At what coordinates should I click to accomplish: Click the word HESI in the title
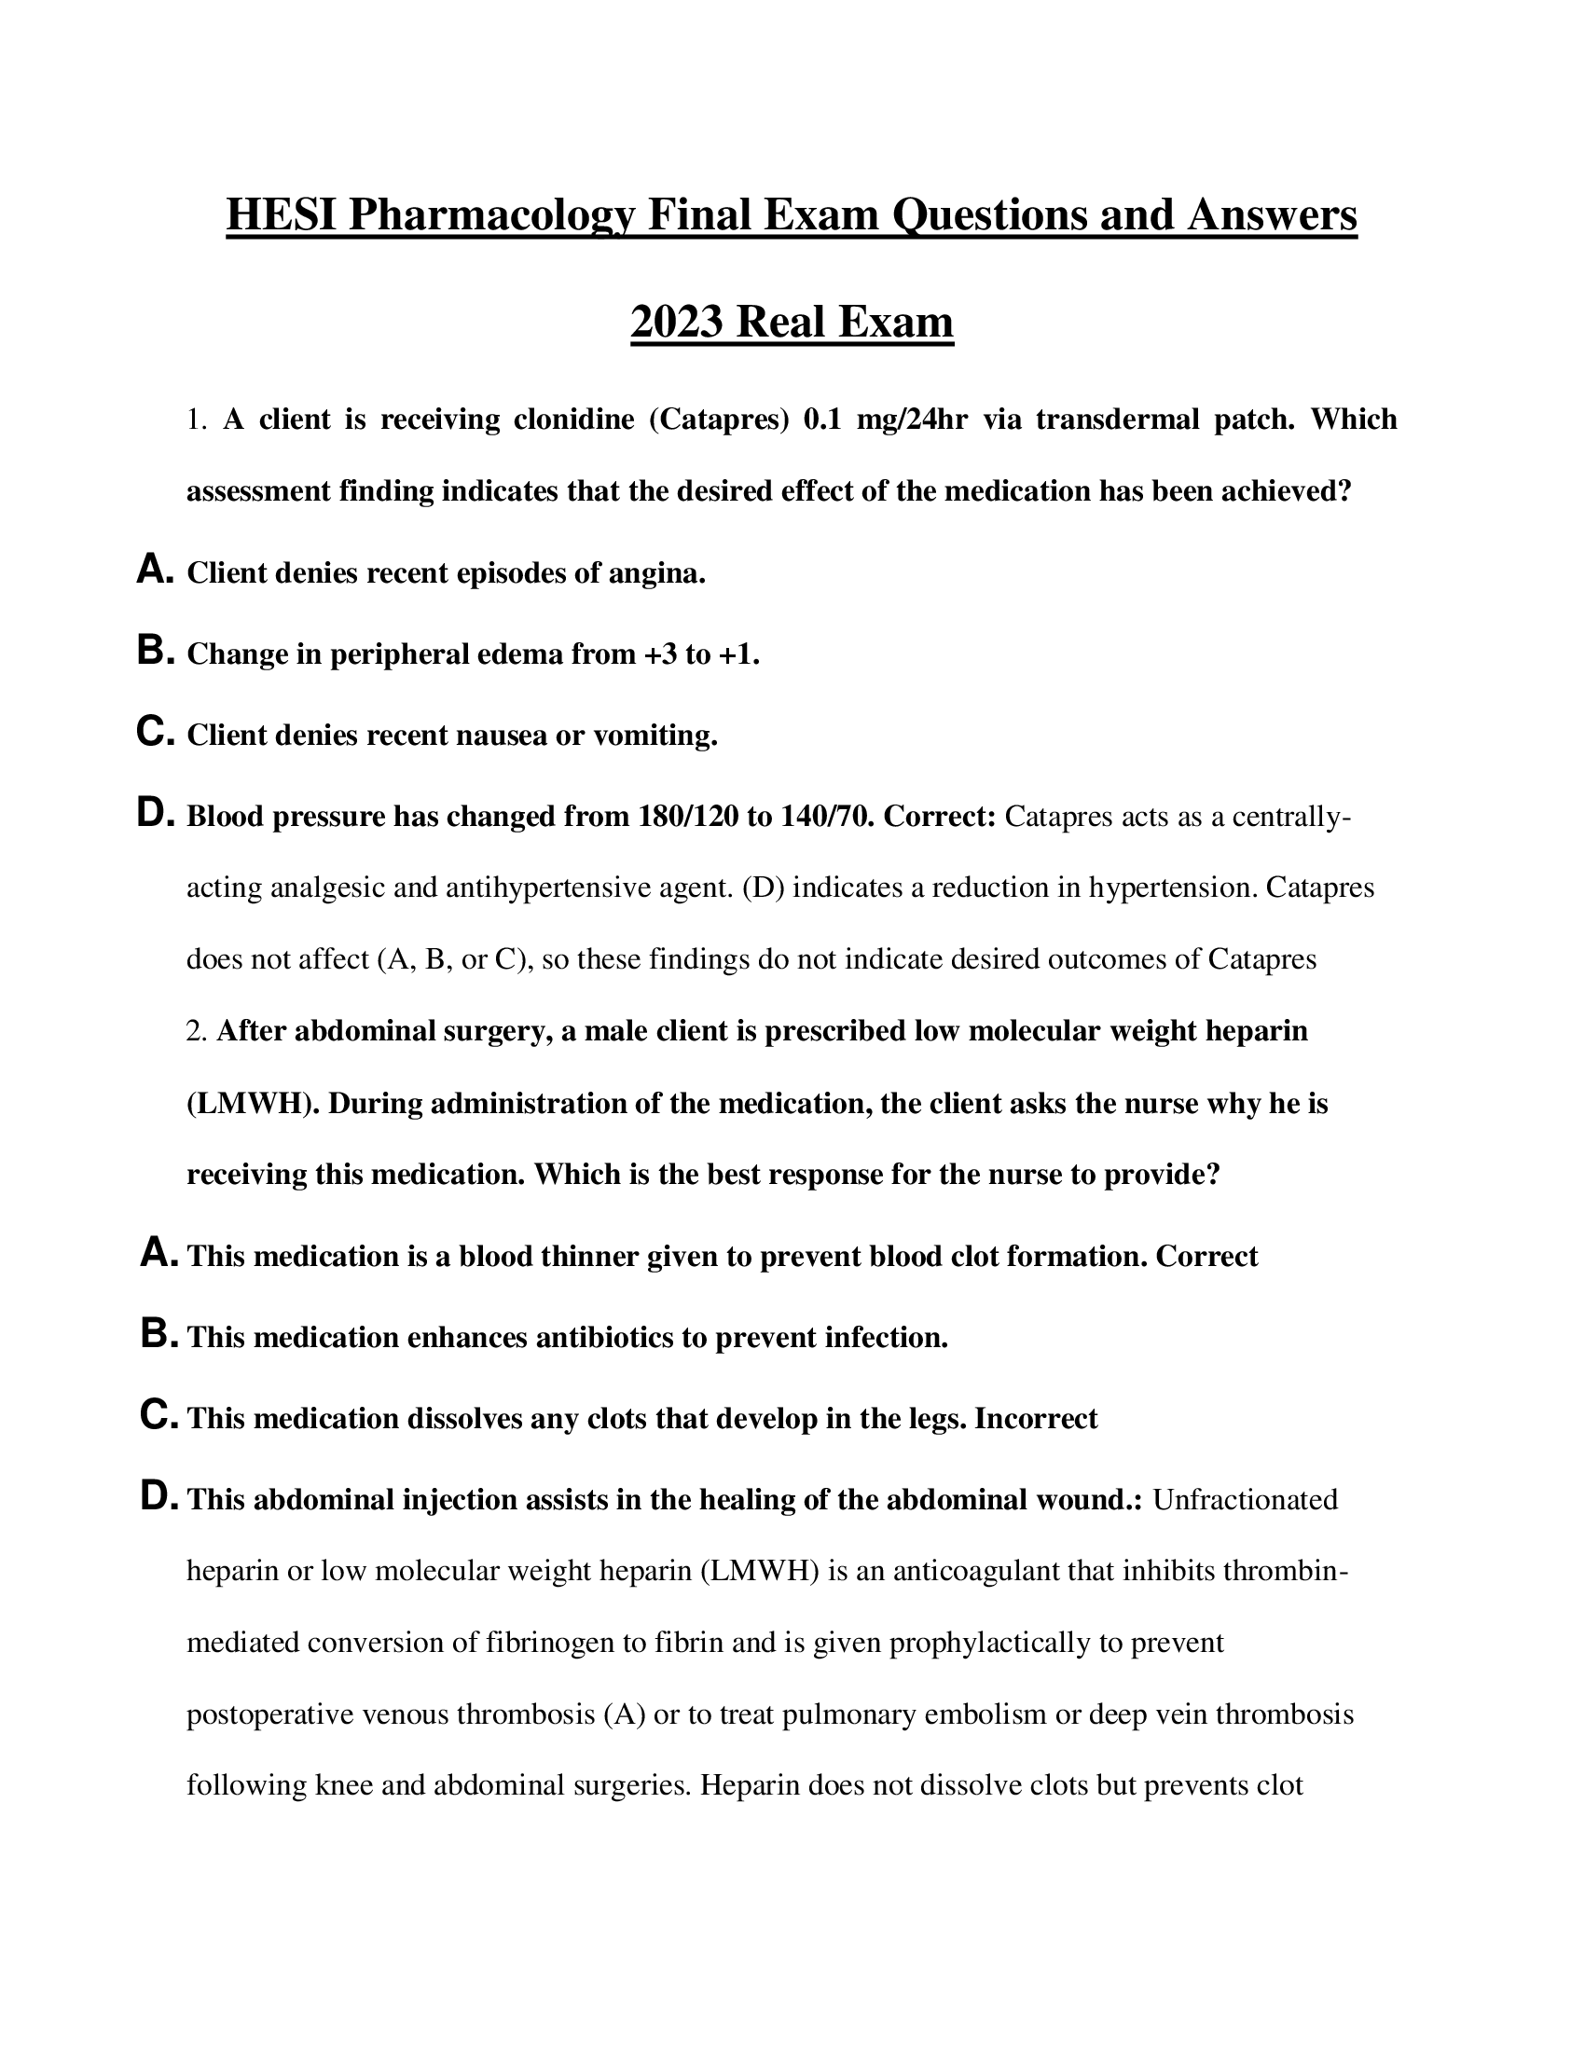tap(282, 215)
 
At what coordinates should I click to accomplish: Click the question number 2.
tap(195, 1031)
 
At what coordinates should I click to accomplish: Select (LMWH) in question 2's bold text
tap(253, 1104)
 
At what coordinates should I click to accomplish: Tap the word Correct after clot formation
tap(1206, 1257)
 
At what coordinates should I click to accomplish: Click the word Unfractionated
tap(1244, 1500)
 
